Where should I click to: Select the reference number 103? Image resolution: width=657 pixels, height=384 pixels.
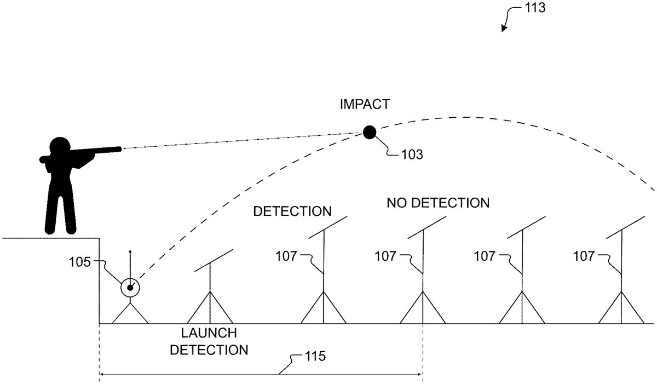411,154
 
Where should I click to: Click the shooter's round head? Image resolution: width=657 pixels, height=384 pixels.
59,147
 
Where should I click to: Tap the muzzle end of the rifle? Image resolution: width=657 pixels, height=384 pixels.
119,148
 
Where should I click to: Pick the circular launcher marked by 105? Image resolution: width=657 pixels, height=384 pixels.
130,287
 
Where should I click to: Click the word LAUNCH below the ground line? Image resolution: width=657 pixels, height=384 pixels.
209,333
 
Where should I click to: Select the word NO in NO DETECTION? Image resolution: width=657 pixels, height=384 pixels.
396,203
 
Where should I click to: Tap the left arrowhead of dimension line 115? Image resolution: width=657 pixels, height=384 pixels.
102,375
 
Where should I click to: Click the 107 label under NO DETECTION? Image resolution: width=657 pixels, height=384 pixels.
386,255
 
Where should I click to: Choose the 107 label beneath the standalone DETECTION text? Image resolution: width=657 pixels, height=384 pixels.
288,255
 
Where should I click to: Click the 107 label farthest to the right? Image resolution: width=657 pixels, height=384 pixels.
584,255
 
